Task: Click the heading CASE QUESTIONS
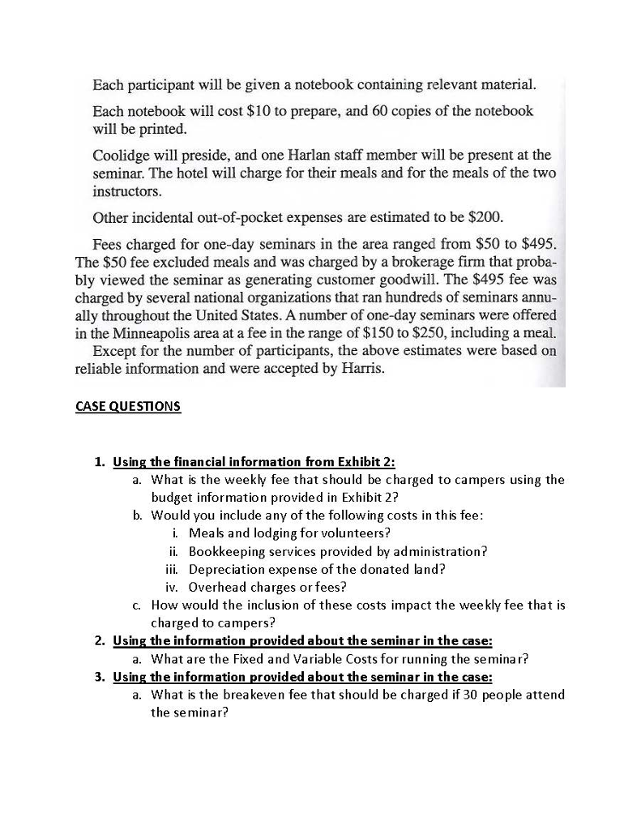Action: tap(128, 406)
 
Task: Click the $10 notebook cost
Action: tap(274, 111)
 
